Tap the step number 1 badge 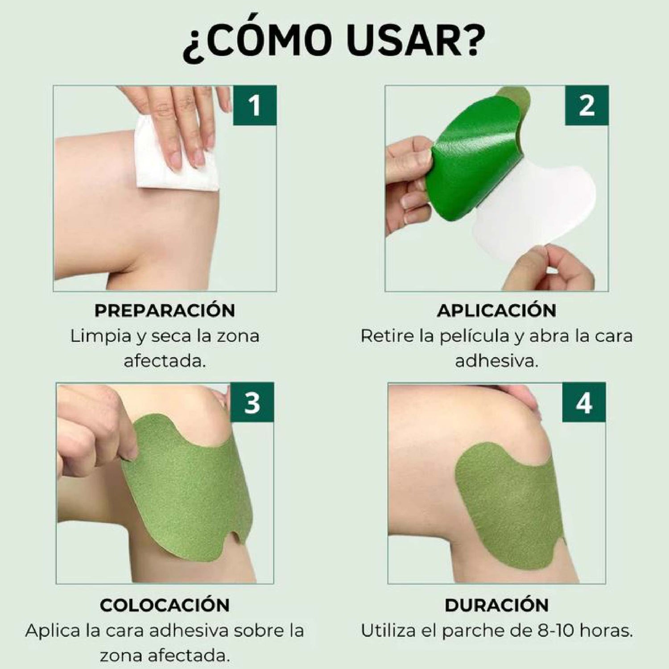pos(255,105)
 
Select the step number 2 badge pos(586,105)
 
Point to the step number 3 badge pos(252,402)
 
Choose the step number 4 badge pos(584,402)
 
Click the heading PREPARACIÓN pos(165,310)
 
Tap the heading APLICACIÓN pos(496,310)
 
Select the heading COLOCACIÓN pos(165,604)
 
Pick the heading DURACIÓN pos(496,604)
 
